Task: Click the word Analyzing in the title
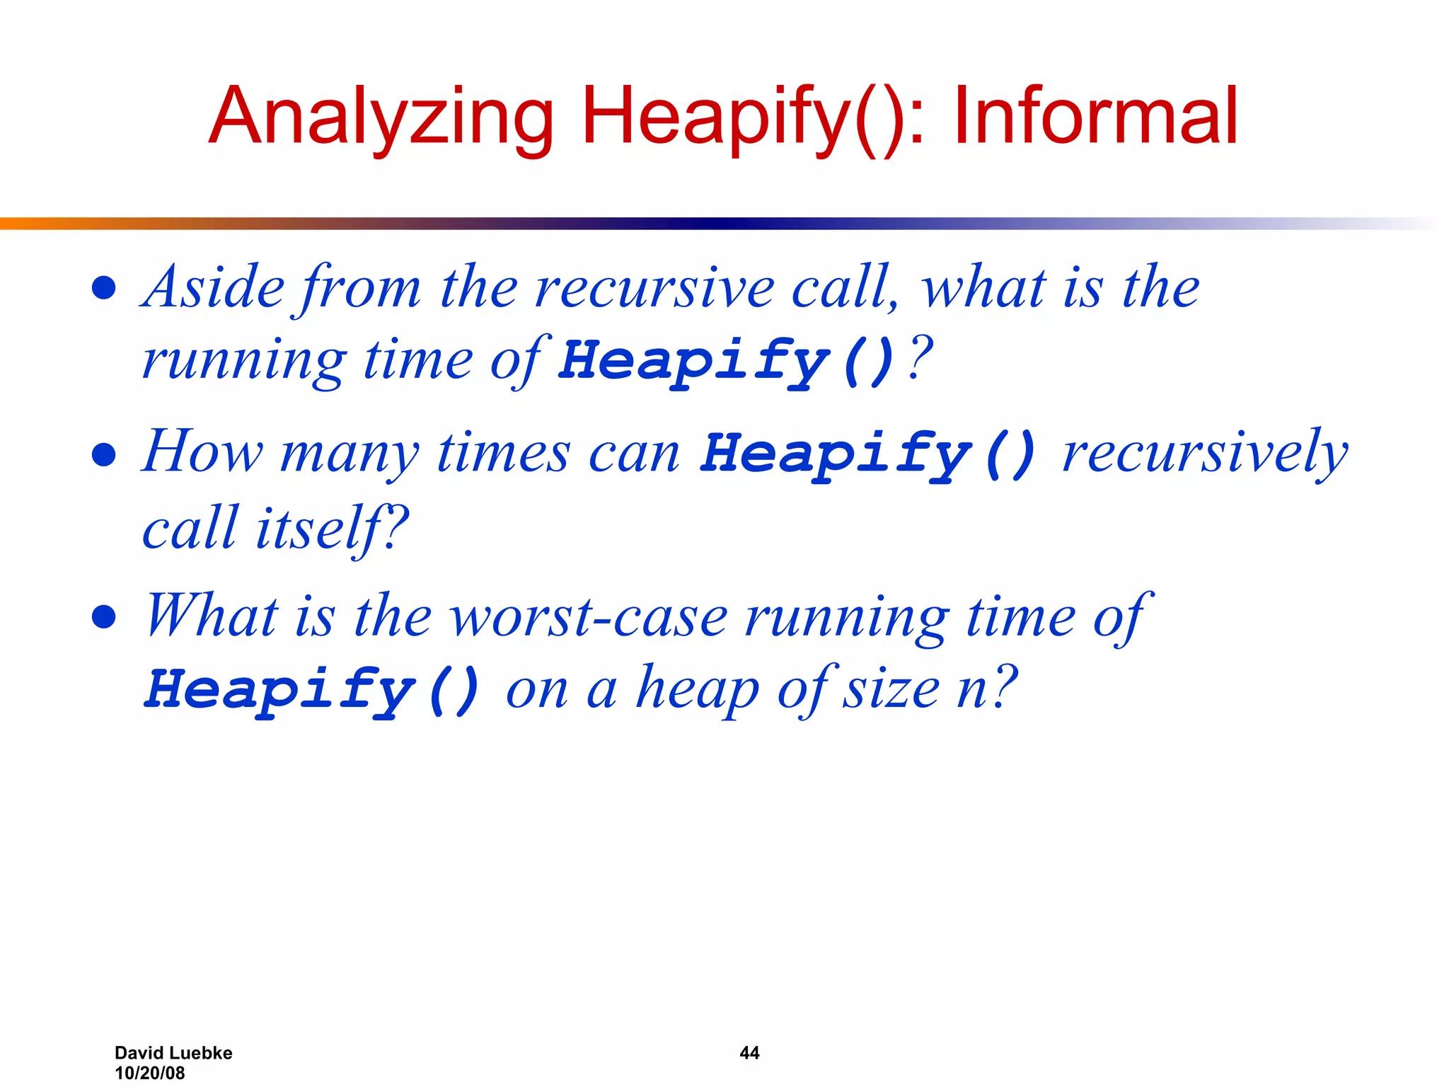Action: click(382, 117)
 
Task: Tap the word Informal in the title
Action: click(1095, 117)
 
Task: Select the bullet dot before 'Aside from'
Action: click(104, 288)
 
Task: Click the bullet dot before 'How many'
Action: click(104, 454)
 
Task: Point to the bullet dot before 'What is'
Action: click(104, 617)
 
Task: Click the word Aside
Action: click(213, 287)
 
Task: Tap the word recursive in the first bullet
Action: click(654, 289)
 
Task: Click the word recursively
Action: click(1205, 453)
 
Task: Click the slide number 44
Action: click(749, 1053)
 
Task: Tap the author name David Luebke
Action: click(173, 1053)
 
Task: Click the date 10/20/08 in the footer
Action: click(149, 1073)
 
